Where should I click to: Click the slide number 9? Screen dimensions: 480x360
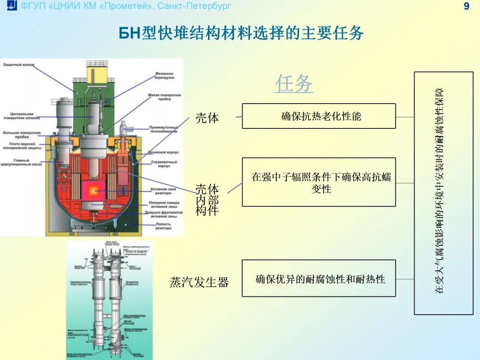point(466,6)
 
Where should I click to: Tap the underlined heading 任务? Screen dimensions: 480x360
point(294,84)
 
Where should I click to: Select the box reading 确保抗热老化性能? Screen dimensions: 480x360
point(319,116)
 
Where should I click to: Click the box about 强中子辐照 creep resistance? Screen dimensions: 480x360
point(319,182)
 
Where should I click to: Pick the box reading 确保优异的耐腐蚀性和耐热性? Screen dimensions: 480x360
point(319,279)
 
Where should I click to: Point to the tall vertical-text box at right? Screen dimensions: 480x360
point(443,193)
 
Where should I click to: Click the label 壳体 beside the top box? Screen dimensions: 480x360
point(207,118)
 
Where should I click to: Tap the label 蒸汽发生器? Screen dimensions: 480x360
point(199,282)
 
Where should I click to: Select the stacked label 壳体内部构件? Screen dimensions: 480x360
point(207,200)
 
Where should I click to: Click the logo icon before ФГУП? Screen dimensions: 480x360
point(12,6)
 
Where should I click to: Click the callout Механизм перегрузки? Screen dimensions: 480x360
point(164,76)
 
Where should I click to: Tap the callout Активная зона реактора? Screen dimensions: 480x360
point(163,191)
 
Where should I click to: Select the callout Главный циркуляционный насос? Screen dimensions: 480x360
point(21,163)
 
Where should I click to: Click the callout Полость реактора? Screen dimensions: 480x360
point(163,226)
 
